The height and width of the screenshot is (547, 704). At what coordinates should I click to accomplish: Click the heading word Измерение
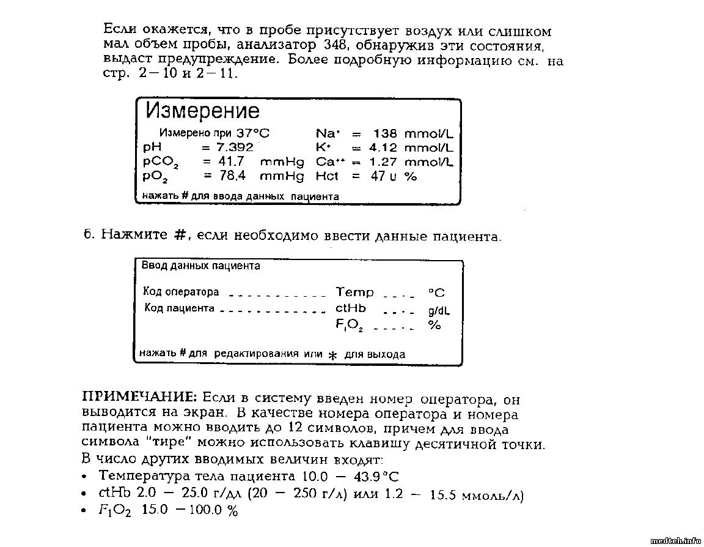202,111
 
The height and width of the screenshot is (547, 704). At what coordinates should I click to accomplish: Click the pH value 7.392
235,147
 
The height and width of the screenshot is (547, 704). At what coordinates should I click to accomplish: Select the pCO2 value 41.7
232,162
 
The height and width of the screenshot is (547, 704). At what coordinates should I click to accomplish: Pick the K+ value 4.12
383,147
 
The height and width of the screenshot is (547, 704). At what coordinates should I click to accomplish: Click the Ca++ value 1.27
383,162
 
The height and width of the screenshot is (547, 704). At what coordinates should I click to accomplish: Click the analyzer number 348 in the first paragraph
333,46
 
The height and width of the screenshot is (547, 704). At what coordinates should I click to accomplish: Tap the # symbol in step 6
179,235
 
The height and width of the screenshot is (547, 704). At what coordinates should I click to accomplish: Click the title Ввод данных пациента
200,266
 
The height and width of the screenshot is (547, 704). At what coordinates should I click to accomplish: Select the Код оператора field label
181,292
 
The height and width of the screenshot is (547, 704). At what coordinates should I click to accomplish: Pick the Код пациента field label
180,308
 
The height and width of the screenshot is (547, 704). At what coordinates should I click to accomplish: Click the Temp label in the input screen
355,292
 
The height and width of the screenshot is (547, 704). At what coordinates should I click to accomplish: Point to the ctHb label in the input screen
351,308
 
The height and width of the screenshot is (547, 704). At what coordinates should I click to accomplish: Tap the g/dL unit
439,311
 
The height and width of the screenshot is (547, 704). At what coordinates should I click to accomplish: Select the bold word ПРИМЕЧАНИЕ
140,396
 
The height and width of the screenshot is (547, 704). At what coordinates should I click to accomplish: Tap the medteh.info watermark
676,540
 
